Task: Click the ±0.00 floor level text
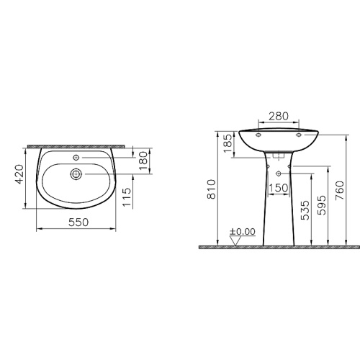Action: [243, 231]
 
